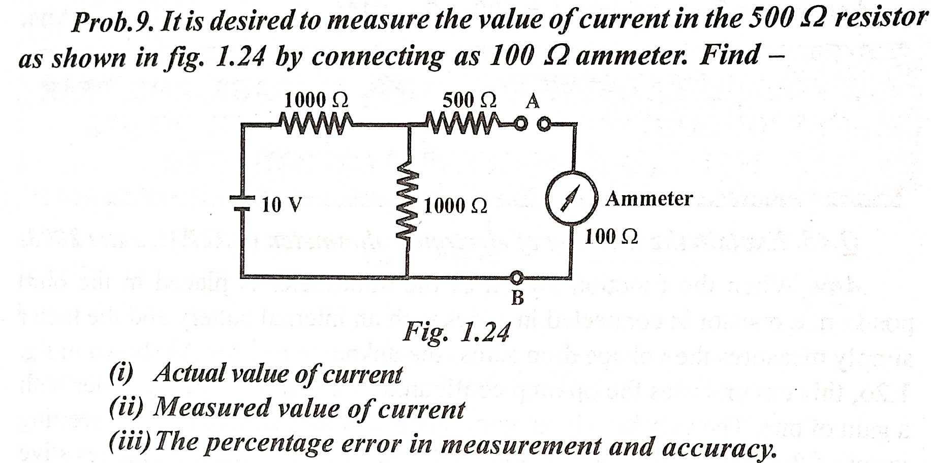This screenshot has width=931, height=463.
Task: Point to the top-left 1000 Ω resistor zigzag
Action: [315, 124]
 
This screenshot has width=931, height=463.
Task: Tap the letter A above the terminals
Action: [532, 102]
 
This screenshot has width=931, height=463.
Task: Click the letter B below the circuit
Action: [517, 297]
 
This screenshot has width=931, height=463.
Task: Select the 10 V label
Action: [282, 205]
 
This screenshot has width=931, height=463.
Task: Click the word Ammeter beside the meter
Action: [648, 198]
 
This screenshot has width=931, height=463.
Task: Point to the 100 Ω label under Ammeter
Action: [611, 237]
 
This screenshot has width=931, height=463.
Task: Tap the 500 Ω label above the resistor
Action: [469, 101]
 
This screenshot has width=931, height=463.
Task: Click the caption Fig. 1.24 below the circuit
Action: [456, 333]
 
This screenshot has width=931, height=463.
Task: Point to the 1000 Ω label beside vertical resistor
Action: [455, 206]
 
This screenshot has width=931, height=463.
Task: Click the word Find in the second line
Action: [730, 55]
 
